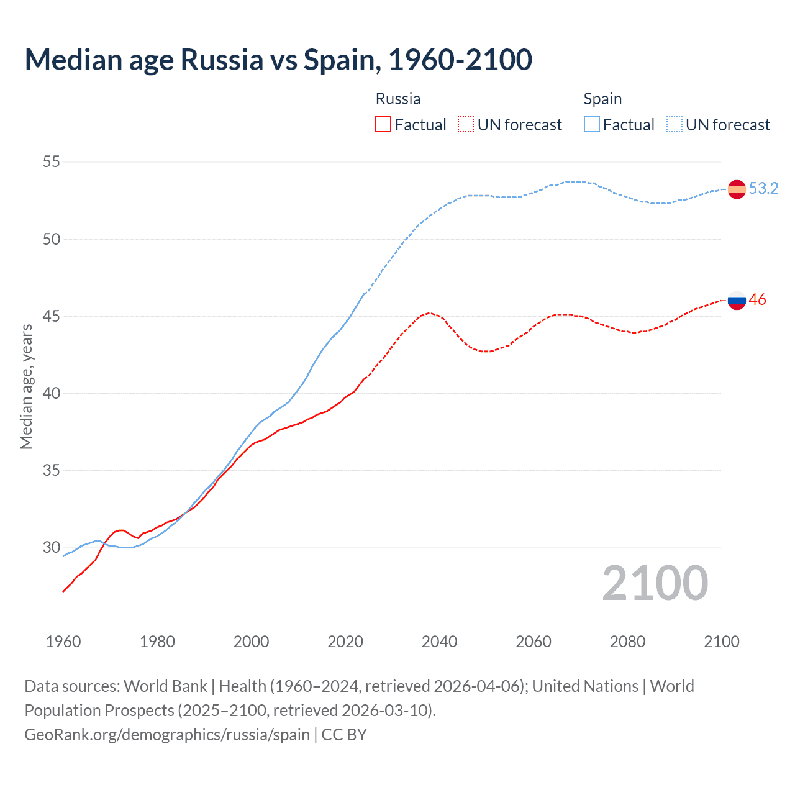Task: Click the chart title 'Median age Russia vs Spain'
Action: [278, 60]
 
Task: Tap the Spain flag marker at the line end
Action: [737, 189]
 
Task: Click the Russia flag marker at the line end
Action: [737, 300]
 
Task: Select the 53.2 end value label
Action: [763, 188]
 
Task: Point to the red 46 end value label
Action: [757, 299]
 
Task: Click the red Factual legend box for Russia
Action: [383, 125]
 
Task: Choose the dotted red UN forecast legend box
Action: [466, 125]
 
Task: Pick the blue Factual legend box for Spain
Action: [592, 125]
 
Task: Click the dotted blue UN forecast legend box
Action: [675, 125]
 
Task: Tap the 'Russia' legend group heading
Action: [398, 99]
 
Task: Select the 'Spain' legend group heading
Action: [602, 99]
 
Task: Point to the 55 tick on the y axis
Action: [52, 162]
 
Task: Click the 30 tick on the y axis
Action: [52, 548]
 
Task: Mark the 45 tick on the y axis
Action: [52, 316]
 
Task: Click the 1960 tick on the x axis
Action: [63, 642]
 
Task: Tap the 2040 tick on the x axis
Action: [440, 642]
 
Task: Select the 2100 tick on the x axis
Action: [722, 642]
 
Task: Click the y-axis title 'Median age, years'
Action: [26, 386]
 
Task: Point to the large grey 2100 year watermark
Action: [655, 583]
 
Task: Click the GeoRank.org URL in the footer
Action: [167, 735]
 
